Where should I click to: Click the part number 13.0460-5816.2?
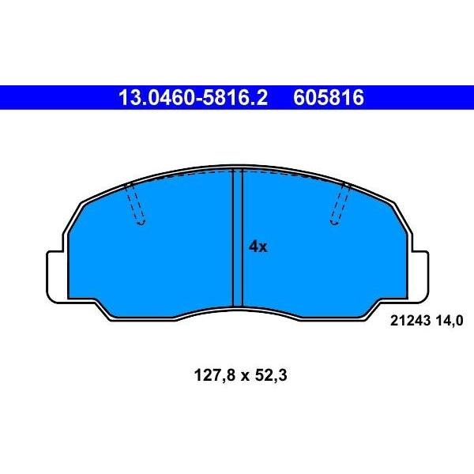(x=193, y=98)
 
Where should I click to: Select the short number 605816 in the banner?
(x=329, y=98)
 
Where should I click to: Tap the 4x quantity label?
(x=258, y=246)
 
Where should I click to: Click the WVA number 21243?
(x=410, y=321)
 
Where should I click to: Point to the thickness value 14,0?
(x=449, y=321)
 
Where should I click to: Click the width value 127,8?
(x=214, y=376)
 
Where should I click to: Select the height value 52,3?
(x=271, y=376)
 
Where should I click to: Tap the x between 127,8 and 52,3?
(x=245, y=377)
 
